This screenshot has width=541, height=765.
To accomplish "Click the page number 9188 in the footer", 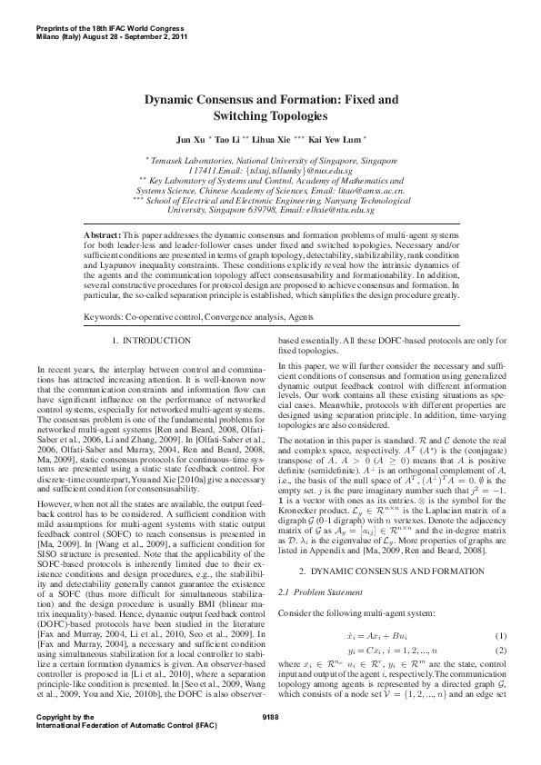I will (x=270, y=742).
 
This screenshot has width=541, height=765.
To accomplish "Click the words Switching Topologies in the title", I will (x=270, y=117).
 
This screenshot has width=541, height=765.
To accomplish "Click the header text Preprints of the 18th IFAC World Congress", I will (x=107, y=15).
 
